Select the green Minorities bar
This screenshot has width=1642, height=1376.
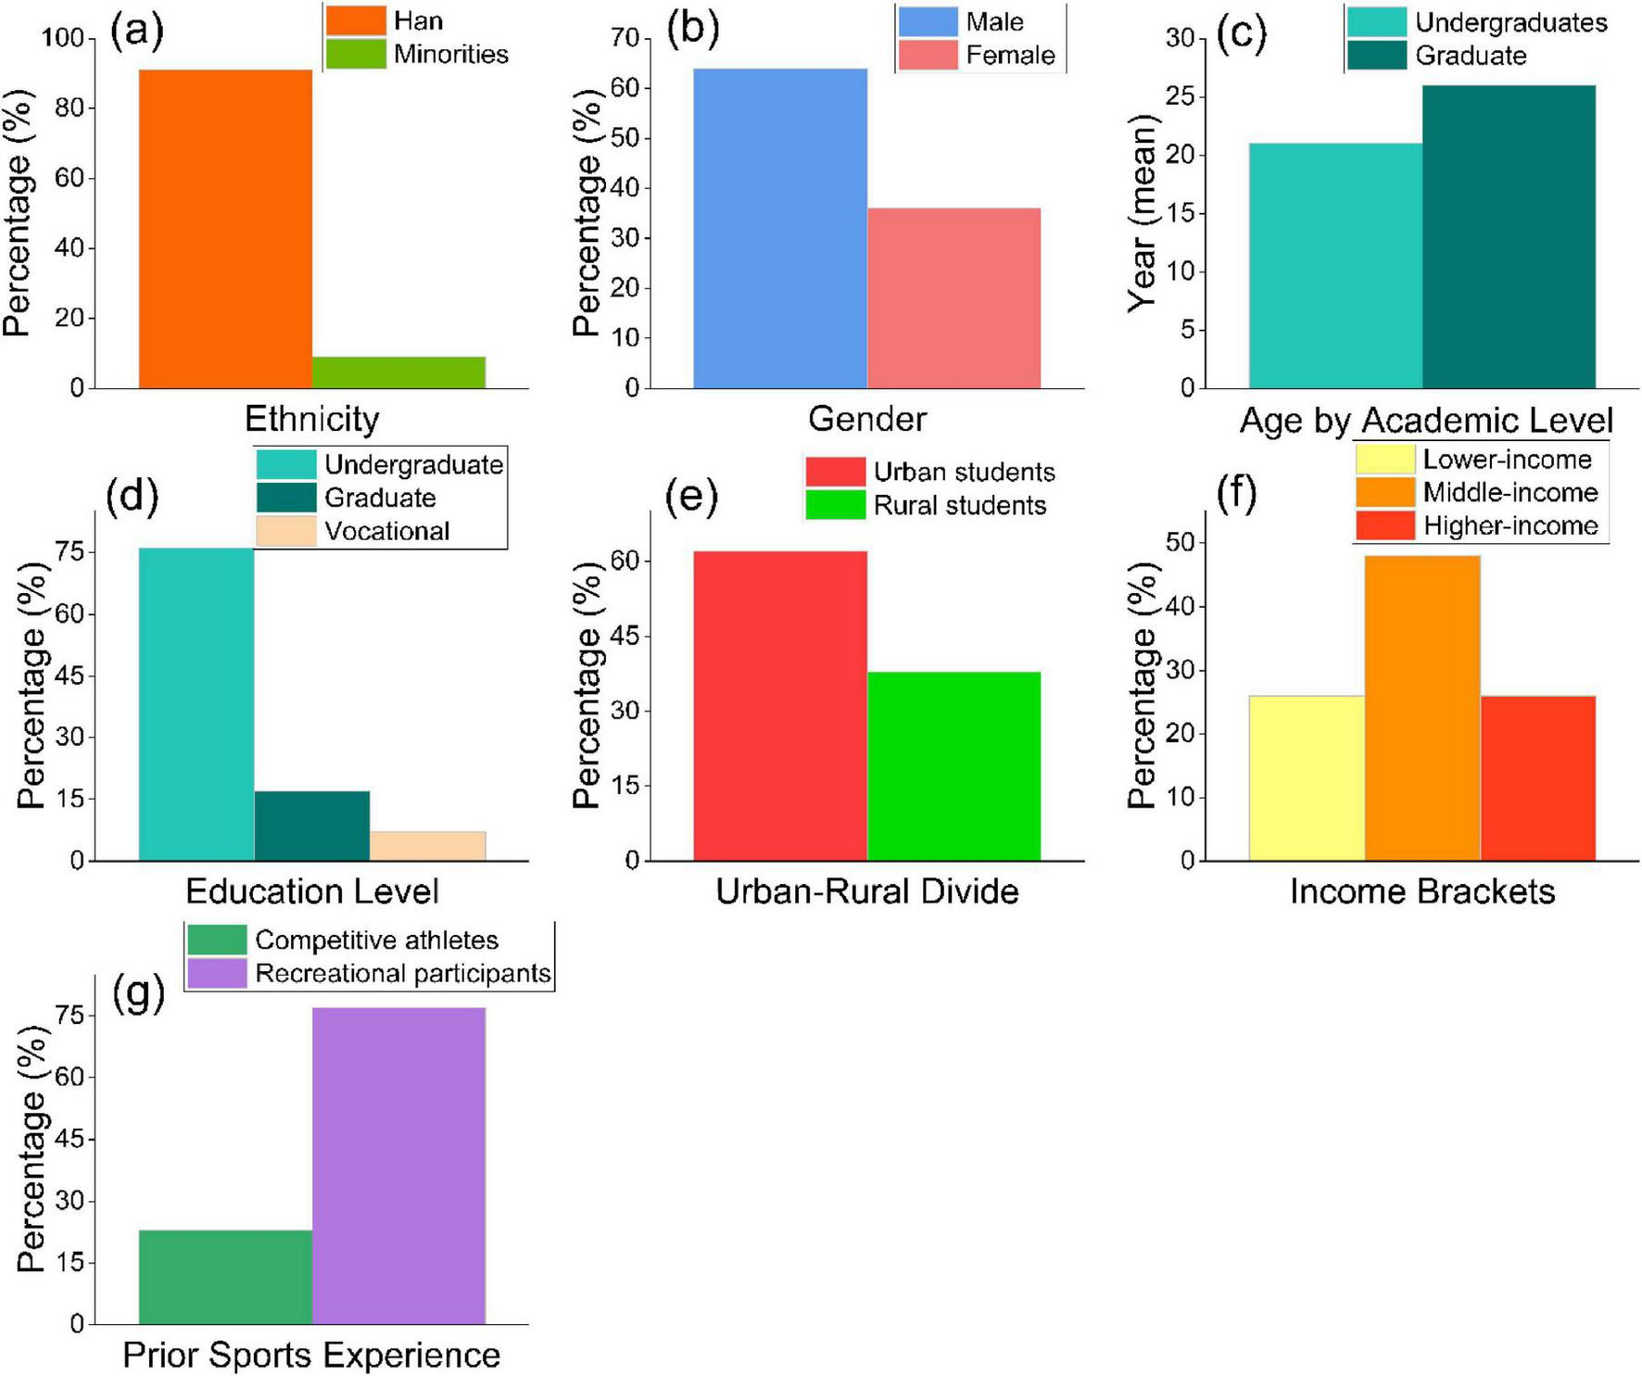pos(398,372)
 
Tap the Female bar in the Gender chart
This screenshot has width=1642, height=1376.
pos(954,297)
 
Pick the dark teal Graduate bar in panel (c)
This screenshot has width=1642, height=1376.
pos(1509,236)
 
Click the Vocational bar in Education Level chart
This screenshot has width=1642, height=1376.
pos(427,846)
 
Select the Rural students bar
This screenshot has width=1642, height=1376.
pos(954,766)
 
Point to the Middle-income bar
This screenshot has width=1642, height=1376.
pos(1422,708)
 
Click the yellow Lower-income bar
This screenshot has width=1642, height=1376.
pos(1307,778)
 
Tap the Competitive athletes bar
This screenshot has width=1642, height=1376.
pos(225,1277)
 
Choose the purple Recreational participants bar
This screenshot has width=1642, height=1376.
pos(398,1166)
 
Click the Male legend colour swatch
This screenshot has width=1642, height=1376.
pos(928,21)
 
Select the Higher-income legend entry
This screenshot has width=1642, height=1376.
pos(1509,526)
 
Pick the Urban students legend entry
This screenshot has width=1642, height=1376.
pos(964,472)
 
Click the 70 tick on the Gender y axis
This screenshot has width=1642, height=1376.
pos(625,38)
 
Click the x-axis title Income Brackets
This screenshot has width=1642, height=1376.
pos(1422,891)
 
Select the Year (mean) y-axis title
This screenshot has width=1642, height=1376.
pos(1143,213)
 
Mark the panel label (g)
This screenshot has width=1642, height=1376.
pos(138,993)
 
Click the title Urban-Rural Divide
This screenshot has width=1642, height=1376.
pos(867,891)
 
